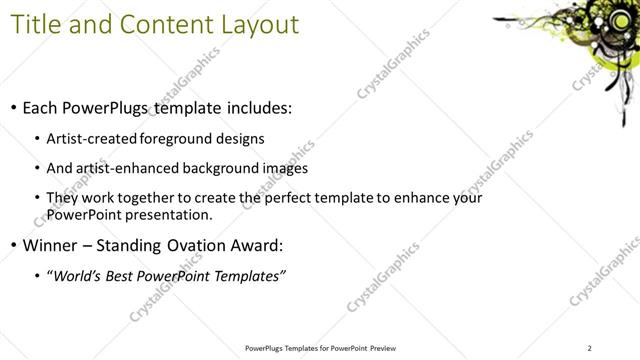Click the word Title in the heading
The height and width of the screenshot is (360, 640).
coord(35,23)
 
